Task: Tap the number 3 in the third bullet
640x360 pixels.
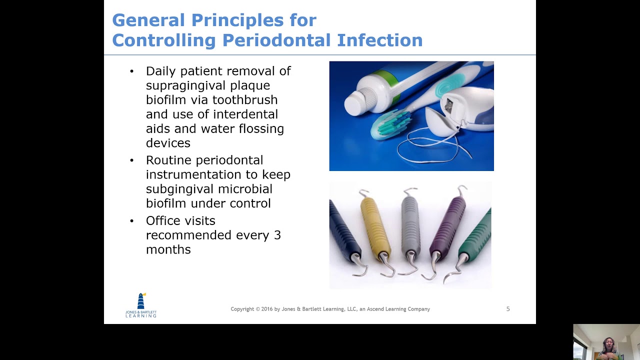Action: tap(277, 235)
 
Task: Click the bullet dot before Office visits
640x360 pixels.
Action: tap(132, 220)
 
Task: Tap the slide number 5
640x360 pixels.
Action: tap(508, 309)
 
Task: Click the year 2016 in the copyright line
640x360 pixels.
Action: tap(267, 309)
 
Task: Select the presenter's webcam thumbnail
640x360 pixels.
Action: tap(606, 342)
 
